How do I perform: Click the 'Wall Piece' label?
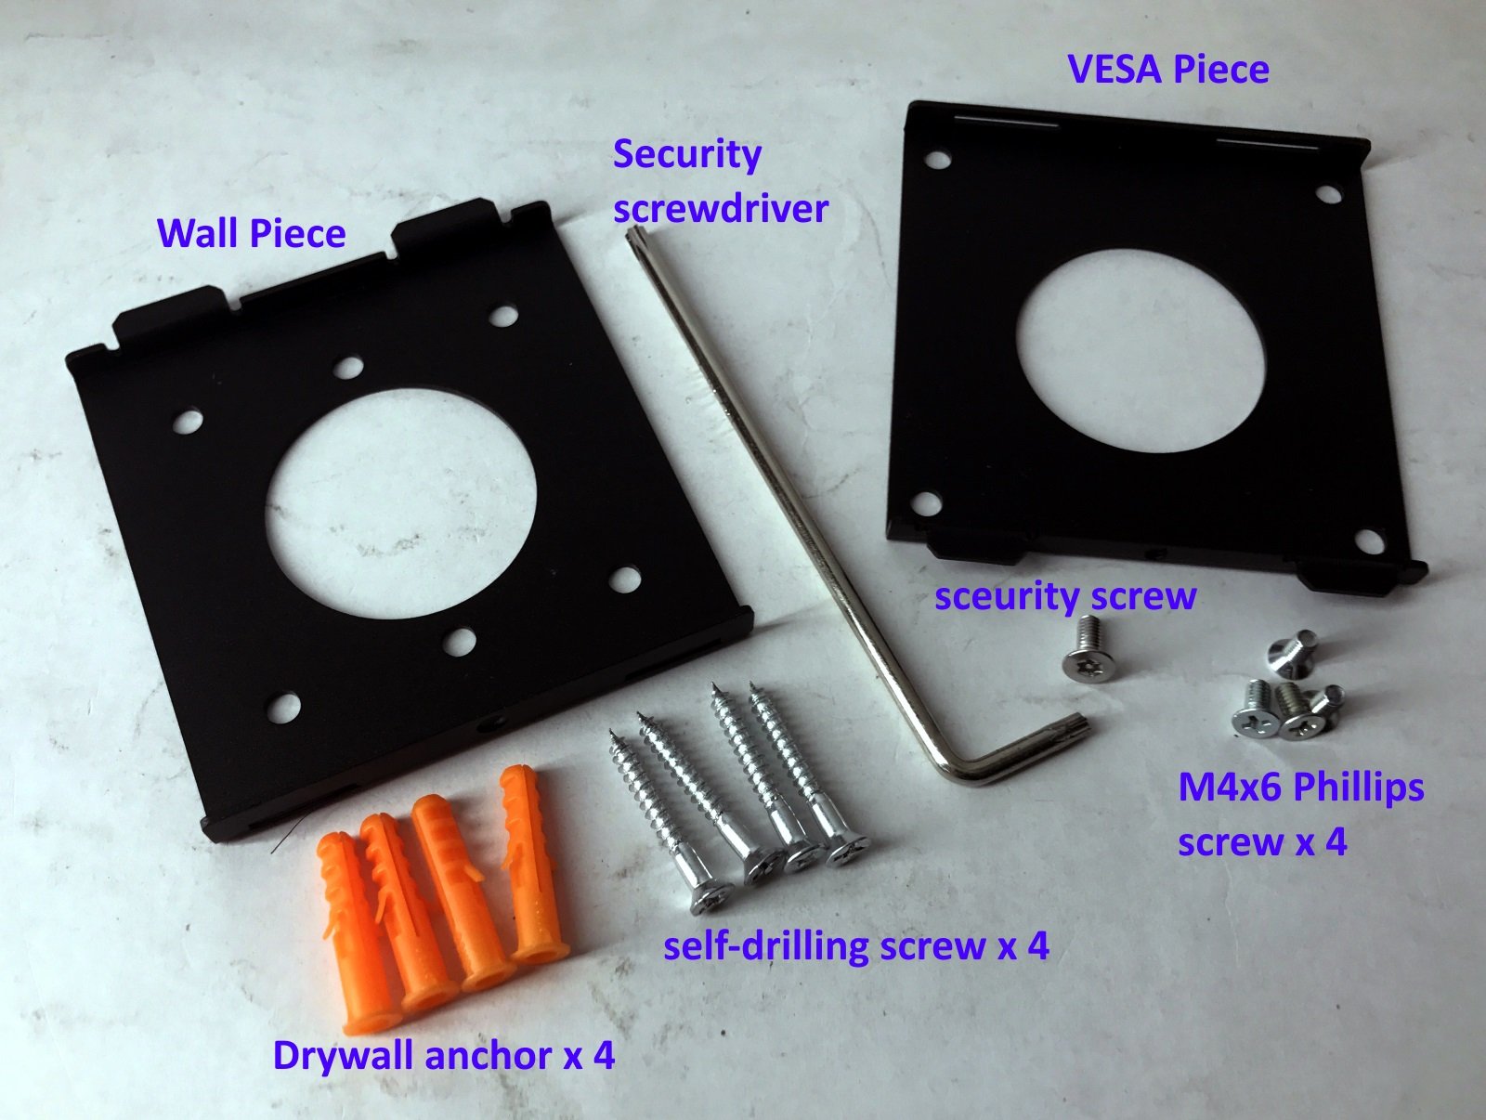(251, 233)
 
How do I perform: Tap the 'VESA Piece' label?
(1167, 70)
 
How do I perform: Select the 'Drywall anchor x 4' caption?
(443, 1056)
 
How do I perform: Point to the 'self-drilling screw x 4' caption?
(855, 946)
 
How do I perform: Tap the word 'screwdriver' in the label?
(720, 208)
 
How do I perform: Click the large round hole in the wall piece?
(401, 506)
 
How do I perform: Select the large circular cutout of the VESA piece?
(1141, 350)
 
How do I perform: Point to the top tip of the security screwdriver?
(634, 234)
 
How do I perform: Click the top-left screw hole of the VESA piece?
(938, 159)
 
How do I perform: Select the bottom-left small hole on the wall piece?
(283, 709)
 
